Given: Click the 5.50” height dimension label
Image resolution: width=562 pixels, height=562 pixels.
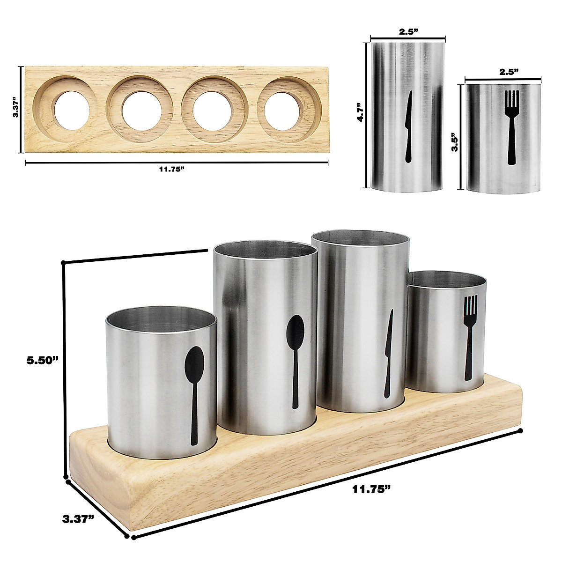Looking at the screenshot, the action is point(43,361).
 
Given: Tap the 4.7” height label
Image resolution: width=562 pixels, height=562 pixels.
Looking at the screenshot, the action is point(361,112).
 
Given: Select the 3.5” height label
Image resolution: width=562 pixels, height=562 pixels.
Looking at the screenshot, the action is point(454,143).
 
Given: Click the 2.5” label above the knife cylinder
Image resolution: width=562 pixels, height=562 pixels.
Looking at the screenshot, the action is point(408,31).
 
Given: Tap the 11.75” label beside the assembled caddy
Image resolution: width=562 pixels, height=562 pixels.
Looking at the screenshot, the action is point(371,488).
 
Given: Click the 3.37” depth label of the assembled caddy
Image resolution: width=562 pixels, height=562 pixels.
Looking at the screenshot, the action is point(78,519).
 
